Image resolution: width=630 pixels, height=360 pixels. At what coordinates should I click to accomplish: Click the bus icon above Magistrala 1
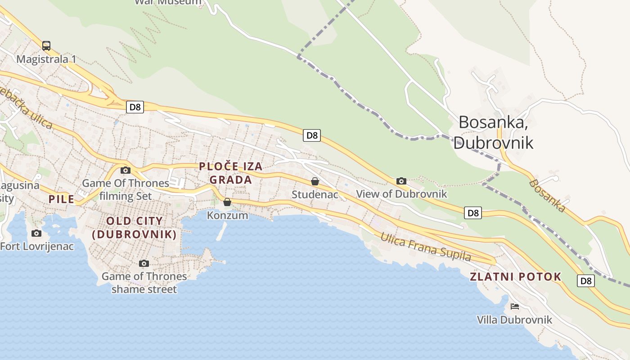click(x=46, y=45)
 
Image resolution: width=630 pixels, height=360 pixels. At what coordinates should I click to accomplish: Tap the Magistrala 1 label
click(x=46, y=59)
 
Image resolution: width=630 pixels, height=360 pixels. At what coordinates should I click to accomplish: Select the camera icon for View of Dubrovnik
click(x=401, y=181)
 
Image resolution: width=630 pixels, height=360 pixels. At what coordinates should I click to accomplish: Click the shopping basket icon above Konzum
click(x=227, y=202)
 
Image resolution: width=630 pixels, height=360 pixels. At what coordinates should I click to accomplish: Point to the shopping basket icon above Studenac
click(x=315, y=181)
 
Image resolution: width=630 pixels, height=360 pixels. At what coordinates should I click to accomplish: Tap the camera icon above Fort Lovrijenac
click(x=36, y=233)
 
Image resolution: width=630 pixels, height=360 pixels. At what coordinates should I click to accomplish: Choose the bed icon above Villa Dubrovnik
click(x=515, y=306)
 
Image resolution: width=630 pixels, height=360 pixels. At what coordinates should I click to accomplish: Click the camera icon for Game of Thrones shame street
click(x=144, y=263)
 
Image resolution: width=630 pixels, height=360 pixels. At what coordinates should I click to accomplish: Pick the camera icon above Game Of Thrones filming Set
click(x=126, y=170)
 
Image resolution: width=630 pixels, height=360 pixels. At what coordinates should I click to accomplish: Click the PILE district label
click(x=62, y=199)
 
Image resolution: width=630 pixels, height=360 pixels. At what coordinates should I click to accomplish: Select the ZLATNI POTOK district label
click(x=516, y=277)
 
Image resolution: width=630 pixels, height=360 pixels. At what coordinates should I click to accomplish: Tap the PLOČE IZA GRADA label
click(x=231, y=173)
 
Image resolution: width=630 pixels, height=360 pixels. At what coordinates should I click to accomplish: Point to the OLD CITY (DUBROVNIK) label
click(x=134, y=228)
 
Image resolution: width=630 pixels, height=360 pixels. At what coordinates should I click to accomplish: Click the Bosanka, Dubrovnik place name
click(x=493, y=132)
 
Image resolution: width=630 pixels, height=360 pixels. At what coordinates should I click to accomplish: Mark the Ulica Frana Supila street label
click(x=425, y=247)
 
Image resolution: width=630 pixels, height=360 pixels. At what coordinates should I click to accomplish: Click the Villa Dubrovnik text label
click(x=514, y=320)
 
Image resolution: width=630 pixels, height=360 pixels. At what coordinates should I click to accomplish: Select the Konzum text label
click(x=227, y=216)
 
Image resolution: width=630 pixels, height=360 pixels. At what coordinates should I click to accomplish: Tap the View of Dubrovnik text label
click(x=401, y=194)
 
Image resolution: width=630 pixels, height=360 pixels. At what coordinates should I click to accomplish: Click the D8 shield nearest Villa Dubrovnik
click(x=585, y=281)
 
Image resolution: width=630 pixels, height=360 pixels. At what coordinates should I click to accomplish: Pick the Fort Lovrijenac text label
click(x=37, y=247)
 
